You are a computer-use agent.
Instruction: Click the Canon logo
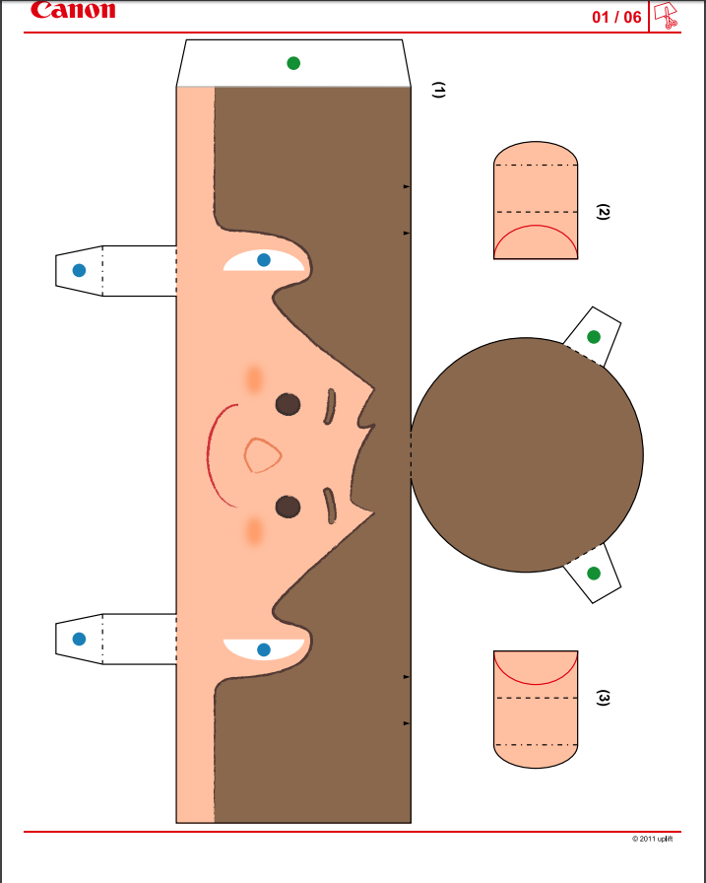[73, 10]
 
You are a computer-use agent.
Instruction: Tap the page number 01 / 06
[616, 17]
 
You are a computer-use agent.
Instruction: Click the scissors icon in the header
[666, 15]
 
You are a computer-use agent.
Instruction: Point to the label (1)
[438, 90]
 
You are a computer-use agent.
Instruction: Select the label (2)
[603, 212]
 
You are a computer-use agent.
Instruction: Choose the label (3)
[603, 697]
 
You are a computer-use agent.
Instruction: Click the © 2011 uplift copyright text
[652, 839]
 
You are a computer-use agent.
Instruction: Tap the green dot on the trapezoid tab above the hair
[293, 63]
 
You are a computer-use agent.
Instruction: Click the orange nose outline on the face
[262, 455]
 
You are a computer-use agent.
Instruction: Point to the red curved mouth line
[208, 455]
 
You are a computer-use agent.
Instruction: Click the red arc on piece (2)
[536, 226]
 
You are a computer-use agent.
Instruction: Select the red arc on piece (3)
[536, 684]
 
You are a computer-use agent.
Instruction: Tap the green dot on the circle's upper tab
[594, 337]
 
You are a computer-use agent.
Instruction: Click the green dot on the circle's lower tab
[594, 574]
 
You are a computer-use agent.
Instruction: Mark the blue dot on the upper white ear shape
[263, 259]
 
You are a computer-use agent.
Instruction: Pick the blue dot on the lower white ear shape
[263, 649]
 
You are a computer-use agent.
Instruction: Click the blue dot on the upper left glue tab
[79, 270]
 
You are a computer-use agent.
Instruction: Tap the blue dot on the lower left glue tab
[79, 639]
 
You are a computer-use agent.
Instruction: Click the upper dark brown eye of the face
[289, 404]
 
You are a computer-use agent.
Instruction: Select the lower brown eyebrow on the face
[330, 506]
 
